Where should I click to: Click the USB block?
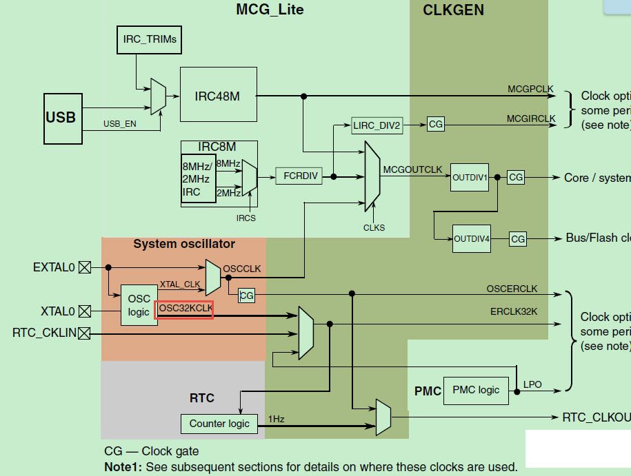61,117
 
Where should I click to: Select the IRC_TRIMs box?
150,39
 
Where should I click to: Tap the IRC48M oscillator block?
217,96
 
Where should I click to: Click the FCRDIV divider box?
301,176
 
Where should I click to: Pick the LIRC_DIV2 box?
377,125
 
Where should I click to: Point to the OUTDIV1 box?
470,178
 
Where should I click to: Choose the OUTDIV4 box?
472,239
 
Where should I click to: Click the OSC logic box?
139,305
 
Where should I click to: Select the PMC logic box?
476,390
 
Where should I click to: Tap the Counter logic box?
219,424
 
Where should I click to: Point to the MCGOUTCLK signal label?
412,169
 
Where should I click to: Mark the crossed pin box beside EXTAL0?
84,267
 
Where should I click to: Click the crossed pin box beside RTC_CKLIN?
84,334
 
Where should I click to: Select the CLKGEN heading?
453,10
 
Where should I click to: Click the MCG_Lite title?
270,10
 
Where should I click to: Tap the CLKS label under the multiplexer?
374,227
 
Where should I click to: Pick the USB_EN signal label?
121,124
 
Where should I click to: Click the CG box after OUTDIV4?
518,239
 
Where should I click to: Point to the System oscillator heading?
184,244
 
